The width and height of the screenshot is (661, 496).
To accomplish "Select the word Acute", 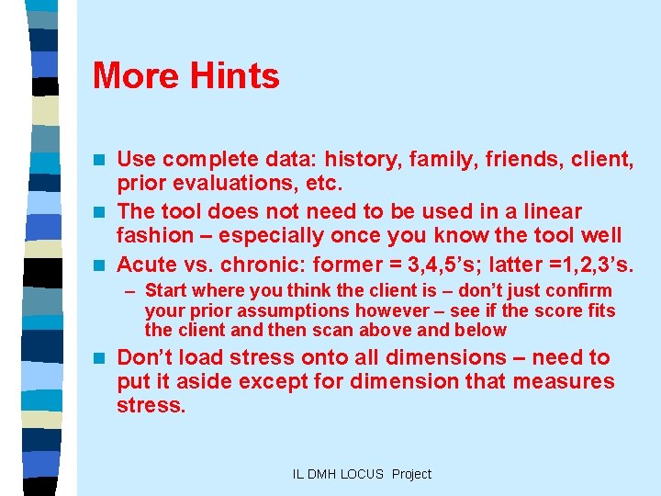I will (x=147, y=265).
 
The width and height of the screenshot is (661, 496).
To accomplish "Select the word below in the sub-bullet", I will (x=476, y=330).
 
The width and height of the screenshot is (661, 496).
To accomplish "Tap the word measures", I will (x=565, y=380).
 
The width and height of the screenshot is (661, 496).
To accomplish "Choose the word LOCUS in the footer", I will (x=364, y=474).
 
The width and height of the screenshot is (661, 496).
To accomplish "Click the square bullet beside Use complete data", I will (x=100, y=162).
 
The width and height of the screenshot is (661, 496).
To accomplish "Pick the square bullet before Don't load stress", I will (x=100, y=358).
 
